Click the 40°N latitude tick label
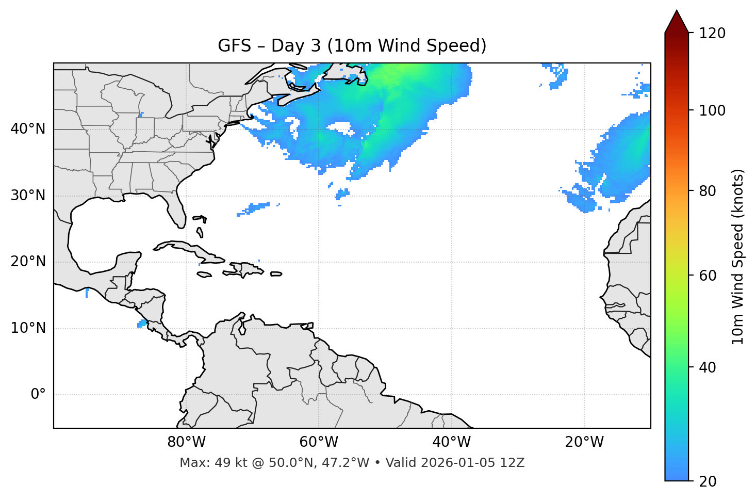[28, 129]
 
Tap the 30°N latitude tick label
[28, 196]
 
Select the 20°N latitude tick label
[28, 262]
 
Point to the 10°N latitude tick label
[28, 328]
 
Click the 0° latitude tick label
[38, 395]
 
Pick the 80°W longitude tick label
[186, 442]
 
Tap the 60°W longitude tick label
[319, 442]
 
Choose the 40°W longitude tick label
[451, 442]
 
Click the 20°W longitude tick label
[584, 442]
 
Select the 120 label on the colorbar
[712, 34]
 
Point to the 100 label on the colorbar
[712, 110]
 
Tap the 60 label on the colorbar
[708, 276]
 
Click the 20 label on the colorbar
[708, 481]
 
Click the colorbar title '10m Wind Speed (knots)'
[738, 256]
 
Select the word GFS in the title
[234, 46]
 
